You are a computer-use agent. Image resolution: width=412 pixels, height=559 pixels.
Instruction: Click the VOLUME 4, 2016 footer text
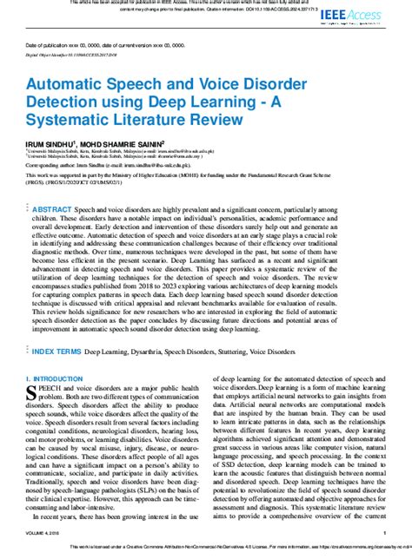pos(46,535)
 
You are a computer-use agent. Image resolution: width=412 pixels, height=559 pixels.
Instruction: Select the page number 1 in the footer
pos(384,535)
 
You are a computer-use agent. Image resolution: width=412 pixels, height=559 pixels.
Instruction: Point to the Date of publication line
pos(104,43)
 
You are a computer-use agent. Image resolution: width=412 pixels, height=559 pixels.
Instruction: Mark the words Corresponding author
pos(51,161)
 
